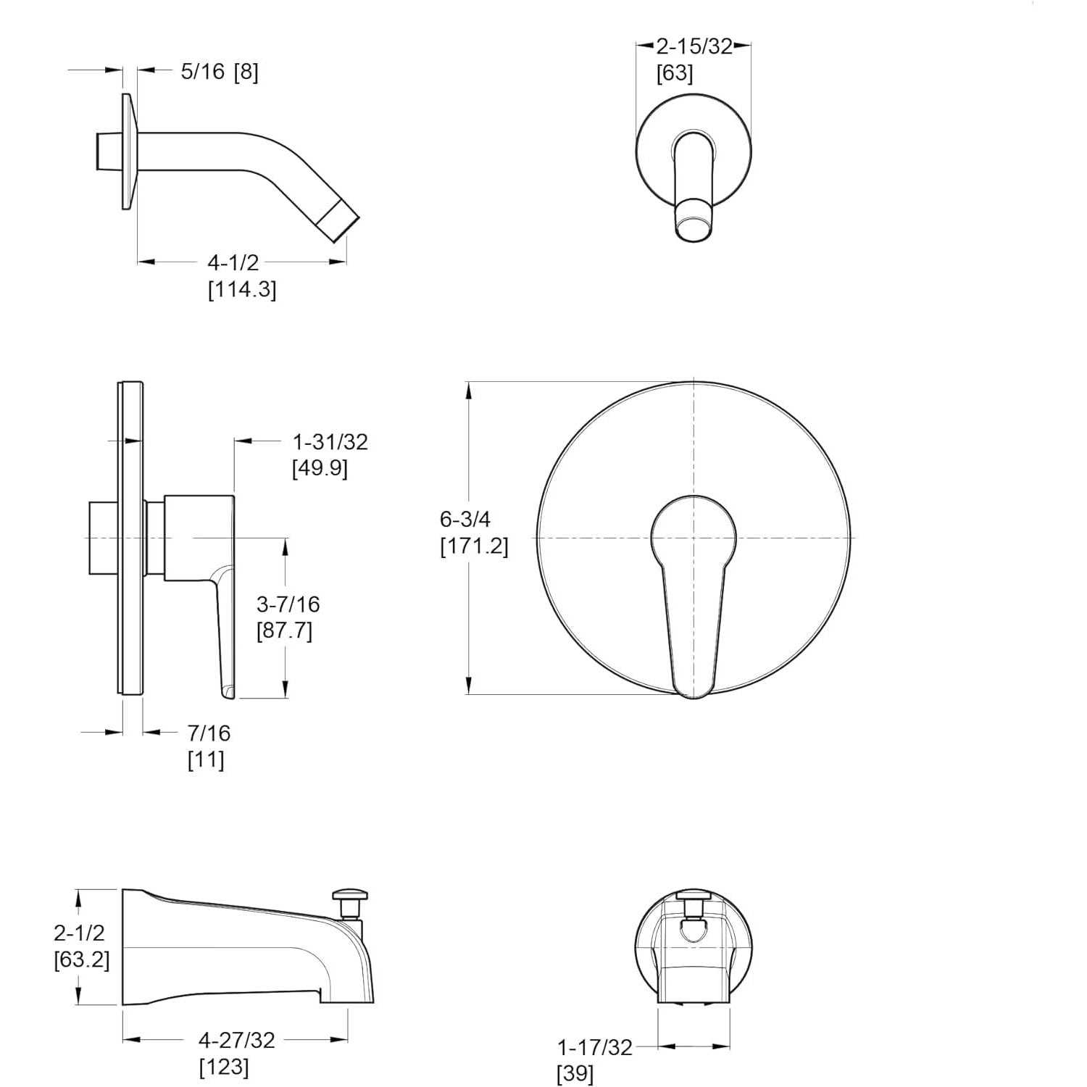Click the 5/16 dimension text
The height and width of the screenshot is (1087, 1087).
click(x=203, y=72)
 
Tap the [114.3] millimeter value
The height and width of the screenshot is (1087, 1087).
click(x=242, y=290)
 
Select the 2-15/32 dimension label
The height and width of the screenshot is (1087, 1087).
click(x=694, y=47)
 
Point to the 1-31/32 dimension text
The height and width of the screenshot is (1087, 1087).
click(x=330, y=442)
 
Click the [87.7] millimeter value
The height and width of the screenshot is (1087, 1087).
click(x=284, y=631)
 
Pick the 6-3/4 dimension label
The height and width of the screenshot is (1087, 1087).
click(x=465, y=519)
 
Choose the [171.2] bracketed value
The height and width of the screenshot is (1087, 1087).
click(x=474, y=546)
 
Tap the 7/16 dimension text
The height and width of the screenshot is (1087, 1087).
click(x=209, y=733)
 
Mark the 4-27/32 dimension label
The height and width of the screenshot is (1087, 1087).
click(x=237, y=1041)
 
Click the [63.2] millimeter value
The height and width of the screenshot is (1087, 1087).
click(x=82, y=960)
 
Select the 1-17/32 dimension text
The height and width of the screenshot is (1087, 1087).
click(x=594, y=1047)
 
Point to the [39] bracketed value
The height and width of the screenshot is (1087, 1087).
click(x=575, y=1074)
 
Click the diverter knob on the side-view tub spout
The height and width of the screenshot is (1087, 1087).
click(x=351, y=896)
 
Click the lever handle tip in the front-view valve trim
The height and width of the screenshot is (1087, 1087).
click(x=694, y=685)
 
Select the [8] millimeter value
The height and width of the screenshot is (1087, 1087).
click(x=246, y=72)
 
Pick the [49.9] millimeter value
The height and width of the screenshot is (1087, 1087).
click(x=320, y=469)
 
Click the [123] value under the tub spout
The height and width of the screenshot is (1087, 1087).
click(x=224, y=1067)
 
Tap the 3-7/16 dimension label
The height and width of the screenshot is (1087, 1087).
click(x=288, y=604)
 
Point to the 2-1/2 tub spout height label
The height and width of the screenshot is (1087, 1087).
click(x=79, y=933)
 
